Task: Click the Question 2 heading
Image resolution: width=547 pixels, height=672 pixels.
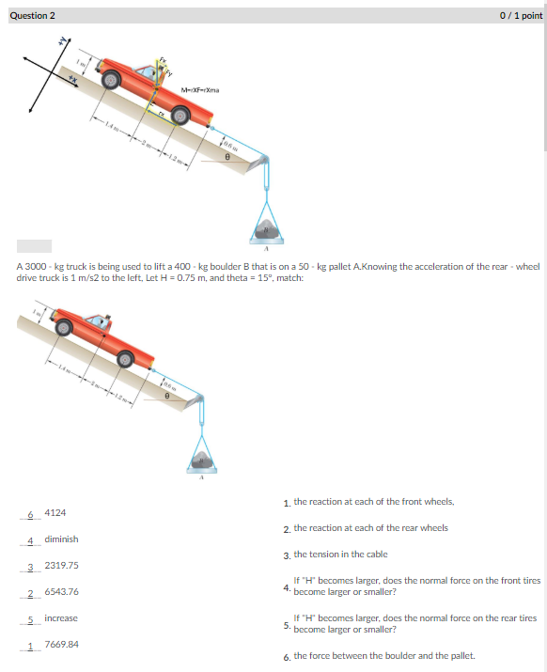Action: (33, 15)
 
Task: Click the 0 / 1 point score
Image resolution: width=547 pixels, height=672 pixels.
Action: (522, 15)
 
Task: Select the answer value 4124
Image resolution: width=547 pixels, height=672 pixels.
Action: (55, 513)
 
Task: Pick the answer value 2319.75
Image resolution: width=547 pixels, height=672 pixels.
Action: (61, 566)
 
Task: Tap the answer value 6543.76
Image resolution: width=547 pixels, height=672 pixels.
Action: (61, 592)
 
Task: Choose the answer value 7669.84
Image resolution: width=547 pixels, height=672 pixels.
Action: (61, 645)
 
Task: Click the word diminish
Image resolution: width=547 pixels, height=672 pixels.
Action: (61, 539)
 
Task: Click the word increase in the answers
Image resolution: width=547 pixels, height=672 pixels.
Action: (61, 618)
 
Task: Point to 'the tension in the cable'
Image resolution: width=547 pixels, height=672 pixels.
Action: (340, 555)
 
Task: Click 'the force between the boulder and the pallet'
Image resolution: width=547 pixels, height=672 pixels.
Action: (384, 655)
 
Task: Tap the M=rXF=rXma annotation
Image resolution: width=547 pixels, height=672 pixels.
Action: (200, 90)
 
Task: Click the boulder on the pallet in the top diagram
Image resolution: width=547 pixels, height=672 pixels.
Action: (267, 227)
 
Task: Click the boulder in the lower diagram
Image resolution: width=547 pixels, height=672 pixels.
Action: (200, 461)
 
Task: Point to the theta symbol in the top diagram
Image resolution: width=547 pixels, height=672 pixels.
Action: (227, 157)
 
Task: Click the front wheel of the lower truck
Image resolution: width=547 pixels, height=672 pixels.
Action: (64, 328)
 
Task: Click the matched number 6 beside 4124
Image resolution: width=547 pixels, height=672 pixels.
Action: (30, 514)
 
